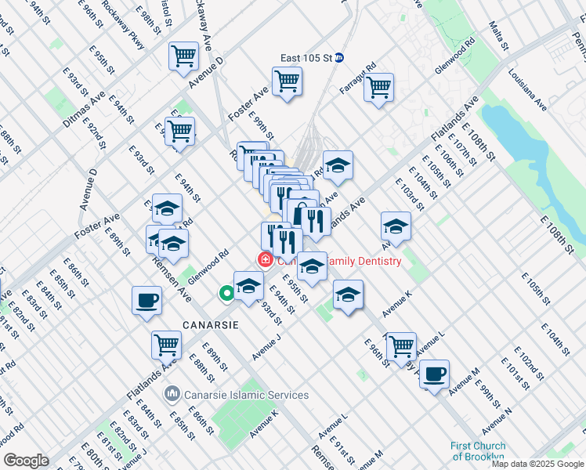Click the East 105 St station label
pyautogui.click(x=306, y=57)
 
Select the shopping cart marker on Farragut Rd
pyautogui.click(x=378, y=87)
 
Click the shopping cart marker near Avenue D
pyautogui.click(x=183, y=56)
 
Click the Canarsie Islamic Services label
pyautogui.click(x=246, y=395)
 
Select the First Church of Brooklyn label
pyautogui.click(x=477, y=451)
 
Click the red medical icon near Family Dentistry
pyautogui.click(x=266, y=260)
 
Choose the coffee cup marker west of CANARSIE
pyautogui.click(x=146, y=301)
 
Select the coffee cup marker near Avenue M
pyautogui.click(x=434, y=373)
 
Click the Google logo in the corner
pyautogui.click(x=26, y=461)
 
